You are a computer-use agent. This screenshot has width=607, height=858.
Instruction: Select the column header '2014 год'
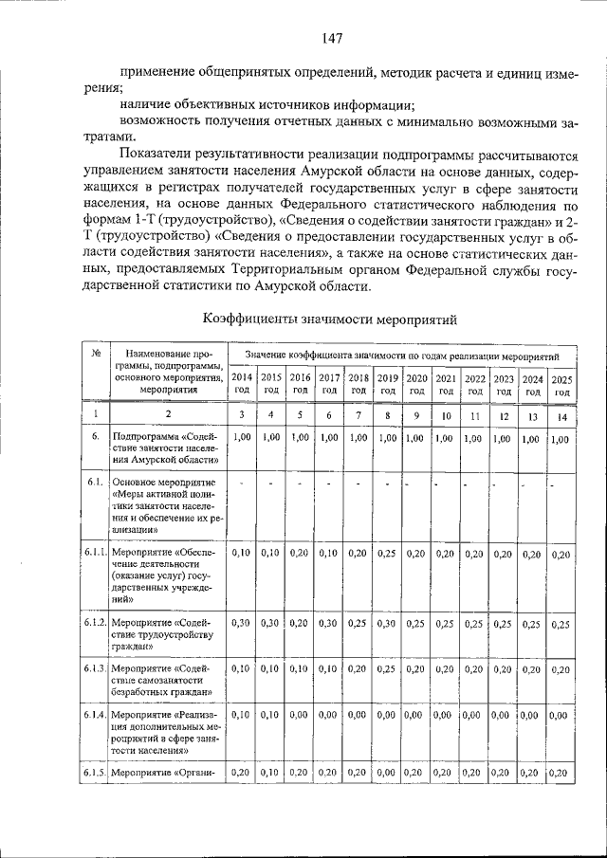pos(242,384)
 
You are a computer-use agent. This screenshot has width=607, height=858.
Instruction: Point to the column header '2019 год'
pos(387,384)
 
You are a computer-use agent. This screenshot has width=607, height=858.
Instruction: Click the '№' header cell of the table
pos(96,354)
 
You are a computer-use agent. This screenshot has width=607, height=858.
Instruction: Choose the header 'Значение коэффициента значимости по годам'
pos(402,354)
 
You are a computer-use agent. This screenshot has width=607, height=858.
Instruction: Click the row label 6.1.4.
pos(93,714)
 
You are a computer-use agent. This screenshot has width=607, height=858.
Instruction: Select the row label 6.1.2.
pos(93,622)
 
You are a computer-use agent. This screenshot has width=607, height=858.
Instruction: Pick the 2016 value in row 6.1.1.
pos(300,554)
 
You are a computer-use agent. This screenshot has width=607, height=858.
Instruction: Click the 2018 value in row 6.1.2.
pos(358,623)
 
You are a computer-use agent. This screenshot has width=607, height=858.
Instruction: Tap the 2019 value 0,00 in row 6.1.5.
pos(387,773)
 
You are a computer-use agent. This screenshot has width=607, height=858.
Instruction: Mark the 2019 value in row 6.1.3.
pos(387,668)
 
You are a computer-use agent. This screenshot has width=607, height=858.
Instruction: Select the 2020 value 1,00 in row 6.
pos(416,439)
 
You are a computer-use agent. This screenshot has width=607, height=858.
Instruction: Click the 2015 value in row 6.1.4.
pos(271,714)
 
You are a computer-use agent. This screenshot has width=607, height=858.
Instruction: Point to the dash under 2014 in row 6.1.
pos(242,484)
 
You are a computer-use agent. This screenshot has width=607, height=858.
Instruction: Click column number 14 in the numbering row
pos(562,416)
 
